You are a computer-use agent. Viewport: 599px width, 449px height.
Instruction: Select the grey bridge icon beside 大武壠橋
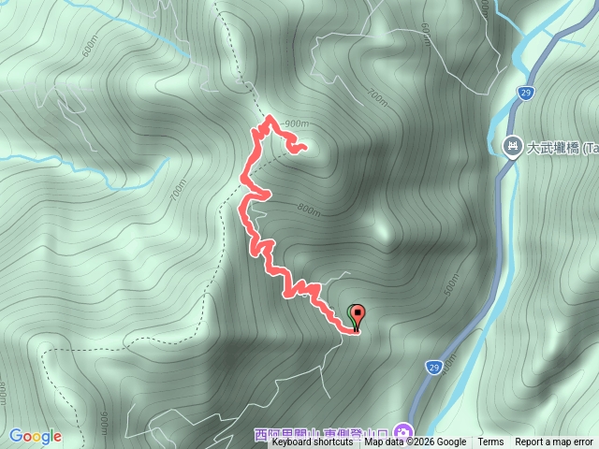coord(512,146)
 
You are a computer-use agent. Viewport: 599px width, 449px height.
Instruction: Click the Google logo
coord(36,436)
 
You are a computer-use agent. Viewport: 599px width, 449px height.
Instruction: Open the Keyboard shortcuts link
coord(313,442)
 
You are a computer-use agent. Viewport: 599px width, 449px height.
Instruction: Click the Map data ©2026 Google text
coord(416,442)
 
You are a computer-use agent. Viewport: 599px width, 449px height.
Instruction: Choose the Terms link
coord(490,442)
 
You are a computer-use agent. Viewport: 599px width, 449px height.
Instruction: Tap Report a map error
coord(554,442)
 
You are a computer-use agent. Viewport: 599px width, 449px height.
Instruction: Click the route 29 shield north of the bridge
coord(525,92)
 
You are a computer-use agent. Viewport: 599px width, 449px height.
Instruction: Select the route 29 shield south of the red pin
coord(433,366)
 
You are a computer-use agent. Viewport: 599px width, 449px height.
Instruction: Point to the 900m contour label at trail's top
coord(296,124)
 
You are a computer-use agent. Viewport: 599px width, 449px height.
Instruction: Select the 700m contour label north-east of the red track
coord(377,97)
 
